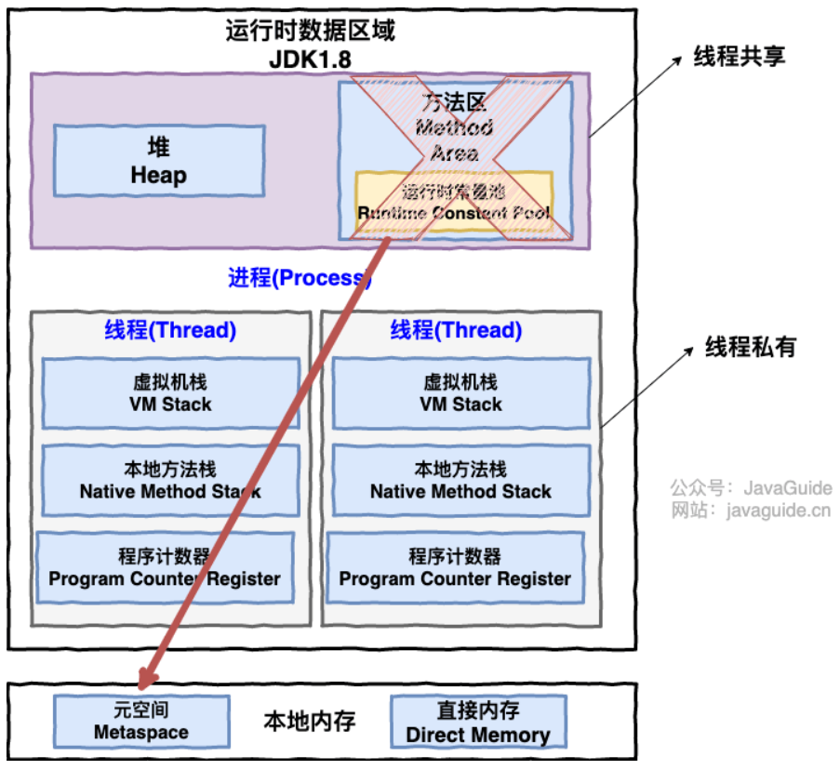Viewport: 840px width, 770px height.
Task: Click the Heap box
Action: point(158,161)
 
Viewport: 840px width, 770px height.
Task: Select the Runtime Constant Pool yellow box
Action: point(454,203)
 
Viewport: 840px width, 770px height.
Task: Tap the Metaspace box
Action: point(141,722)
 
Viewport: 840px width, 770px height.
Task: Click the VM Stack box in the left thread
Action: point(170,393)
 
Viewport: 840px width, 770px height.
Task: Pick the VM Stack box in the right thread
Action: point(460,393)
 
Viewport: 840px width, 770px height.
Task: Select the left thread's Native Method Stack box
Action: point(170,481)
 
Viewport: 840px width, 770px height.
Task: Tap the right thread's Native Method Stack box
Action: point(460,481)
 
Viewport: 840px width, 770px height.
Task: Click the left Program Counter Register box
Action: point(165,568)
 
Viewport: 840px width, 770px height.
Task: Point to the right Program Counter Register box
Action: point(455,568)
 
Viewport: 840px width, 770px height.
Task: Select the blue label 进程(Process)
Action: point(300,277)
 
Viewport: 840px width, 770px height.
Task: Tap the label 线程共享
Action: point(740,57)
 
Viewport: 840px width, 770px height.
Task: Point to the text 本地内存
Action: point(309,722)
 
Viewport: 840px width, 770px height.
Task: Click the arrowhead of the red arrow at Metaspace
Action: point(147,681)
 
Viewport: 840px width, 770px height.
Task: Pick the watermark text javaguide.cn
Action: point(777,510)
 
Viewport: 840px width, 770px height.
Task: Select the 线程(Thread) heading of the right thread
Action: point(456,330)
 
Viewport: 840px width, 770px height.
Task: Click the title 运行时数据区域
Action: point(310,31)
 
